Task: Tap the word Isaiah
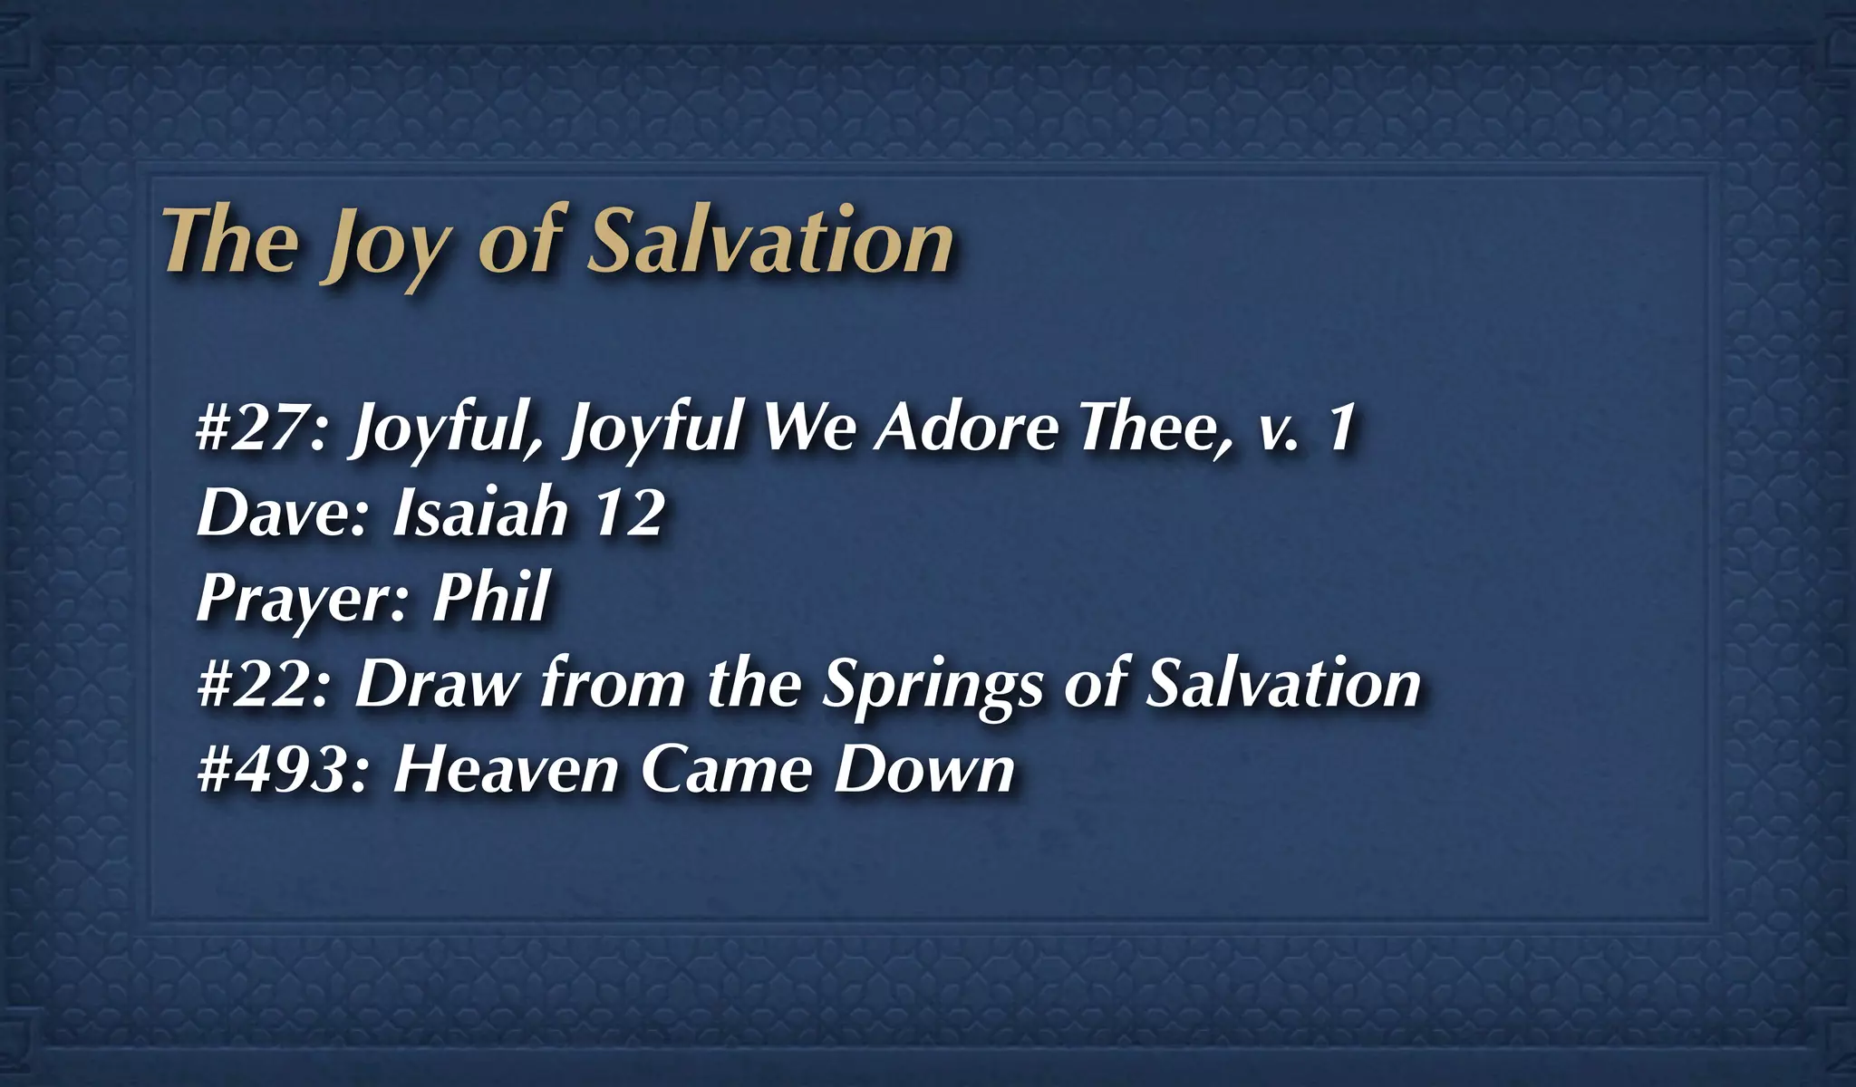tap(479, 512)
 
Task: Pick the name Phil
tap(490, 597)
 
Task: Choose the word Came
tap(726, 770)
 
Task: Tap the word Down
tap(923, 770)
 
